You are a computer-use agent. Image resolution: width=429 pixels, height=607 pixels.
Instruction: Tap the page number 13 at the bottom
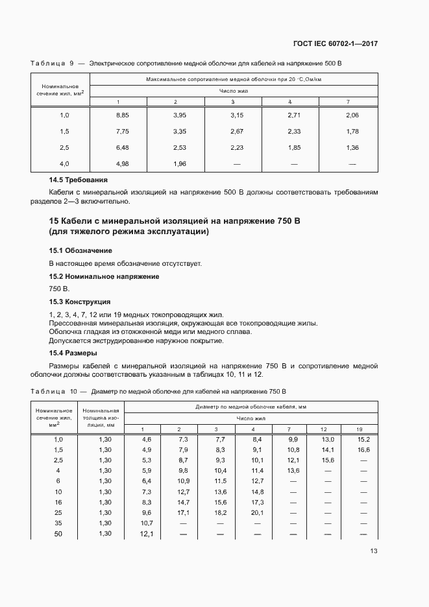[x=374, y=551]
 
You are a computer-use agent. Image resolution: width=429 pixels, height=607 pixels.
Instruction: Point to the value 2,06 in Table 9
[x=352, y=115]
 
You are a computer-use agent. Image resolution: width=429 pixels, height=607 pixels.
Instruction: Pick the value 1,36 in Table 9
[x=352, y=148]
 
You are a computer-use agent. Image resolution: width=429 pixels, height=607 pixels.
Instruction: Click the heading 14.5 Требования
[x=79, y=180]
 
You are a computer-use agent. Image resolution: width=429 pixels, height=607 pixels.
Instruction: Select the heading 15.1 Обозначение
[x=80, y=250]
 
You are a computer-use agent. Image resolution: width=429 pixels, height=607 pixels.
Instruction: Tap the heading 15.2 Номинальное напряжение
[x=104, y=276]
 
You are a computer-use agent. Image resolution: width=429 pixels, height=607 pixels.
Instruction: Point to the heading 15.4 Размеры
[x=73, y=353]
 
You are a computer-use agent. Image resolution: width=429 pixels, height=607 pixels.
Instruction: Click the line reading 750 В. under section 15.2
[x=58, y=289]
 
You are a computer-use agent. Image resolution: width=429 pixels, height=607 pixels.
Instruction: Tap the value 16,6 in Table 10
[x=363, y=449]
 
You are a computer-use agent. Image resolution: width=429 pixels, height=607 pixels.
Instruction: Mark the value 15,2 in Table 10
[x=363, y=439]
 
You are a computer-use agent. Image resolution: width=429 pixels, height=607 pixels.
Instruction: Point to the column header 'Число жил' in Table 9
[x=234, y=91]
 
